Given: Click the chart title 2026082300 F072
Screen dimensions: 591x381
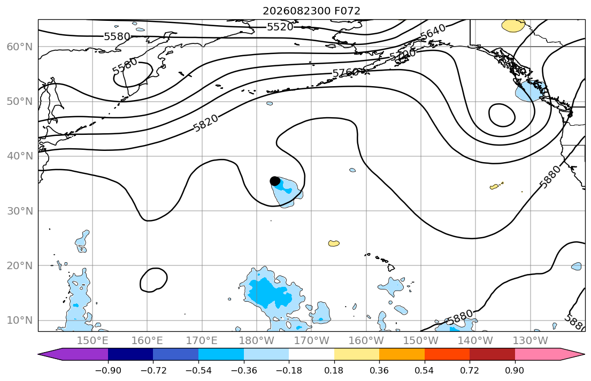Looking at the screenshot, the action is click(311, 11).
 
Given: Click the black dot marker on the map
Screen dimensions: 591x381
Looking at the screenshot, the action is click(275, 181).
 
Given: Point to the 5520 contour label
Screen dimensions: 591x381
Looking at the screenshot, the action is click(280, 27).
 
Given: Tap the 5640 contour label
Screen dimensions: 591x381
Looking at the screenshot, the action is click(433, 32).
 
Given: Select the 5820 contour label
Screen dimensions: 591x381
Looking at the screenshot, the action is click(206, 123).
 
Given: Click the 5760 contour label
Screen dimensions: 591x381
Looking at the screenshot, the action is click(346, 72).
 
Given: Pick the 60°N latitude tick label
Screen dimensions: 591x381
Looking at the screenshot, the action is click(20, 47).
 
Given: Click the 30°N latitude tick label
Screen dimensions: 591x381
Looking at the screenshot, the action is click(20, 211).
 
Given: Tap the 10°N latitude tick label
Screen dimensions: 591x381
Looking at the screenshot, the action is click(20, 321).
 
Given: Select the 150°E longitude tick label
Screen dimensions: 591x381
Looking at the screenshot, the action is click(93, 341).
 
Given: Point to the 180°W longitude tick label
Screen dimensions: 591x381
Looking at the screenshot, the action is click(257, 341).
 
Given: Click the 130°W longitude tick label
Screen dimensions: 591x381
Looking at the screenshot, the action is click(531, 341).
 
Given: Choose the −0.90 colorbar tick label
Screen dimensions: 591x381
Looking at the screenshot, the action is click(108, 370).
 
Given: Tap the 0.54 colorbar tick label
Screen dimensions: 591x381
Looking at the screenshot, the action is click(425, 370).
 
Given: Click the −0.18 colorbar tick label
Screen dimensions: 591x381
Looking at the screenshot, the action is click(289, 370).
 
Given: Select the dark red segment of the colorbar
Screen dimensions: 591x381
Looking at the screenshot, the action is click(492, 354).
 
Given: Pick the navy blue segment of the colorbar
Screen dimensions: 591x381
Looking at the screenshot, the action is click(131, 354).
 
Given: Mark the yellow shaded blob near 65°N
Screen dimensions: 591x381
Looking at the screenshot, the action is click(513, 26).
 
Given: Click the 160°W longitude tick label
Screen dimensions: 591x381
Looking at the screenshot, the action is click(366, 341).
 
